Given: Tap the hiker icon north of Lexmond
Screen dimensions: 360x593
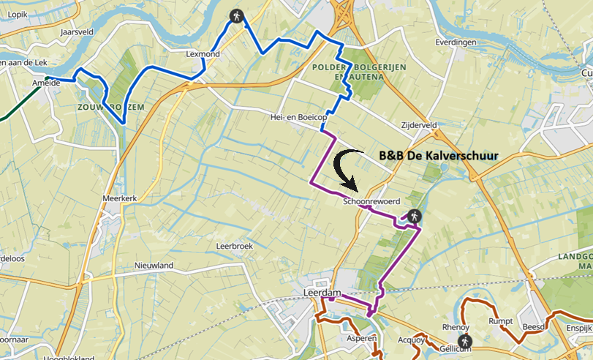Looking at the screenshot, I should coord(236,15).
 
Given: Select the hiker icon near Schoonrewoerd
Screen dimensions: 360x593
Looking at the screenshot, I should coord(414,216).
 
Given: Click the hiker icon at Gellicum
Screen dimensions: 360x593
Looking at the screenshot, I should coord(464,341).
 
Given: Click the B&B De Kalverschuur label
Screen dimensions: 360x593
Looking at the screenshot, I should coord(439,156).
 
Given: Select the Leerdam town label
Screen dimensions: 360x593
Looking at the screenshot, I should coord(322,293).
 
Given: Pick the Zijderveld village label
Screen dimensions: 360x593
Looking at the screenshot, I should coord(419,124).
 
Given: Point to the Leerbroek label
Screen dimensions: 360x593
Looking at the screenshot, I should coord(234,247).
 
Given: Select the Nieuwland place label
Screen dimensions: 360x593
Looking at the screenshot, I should coord(153,265).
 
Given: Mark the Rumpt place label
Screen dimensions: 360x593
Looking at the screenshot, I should coord(501,320).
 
